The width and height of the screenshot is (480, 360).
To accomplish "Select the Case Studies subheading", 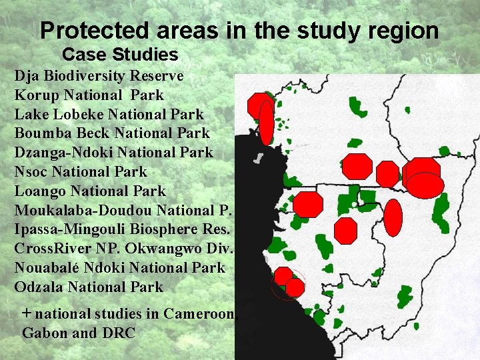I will pyautogui.click(x=120, y=55).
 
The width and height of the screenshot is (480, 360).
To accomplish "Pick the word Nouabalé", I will pyautogui.click(x=49, y=268).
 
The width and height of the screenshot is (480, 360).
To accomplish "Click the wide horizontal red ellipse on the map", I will pyautogui.click(x=425, y=185).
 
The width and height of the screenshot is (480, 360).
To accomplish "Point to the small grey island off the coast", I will pyautogui.click(x=257, y=159).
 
